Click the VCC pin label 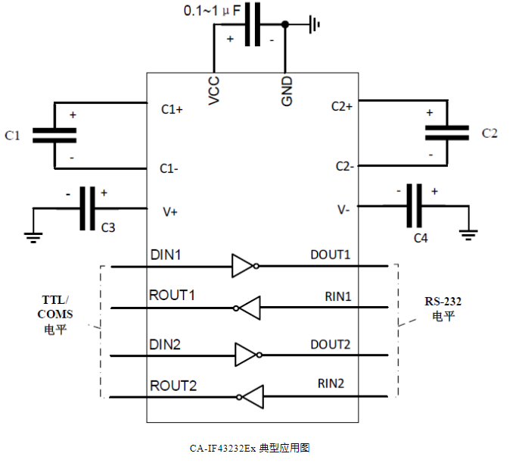[x=214, y=90]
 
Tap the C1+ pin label [x=172, y=110]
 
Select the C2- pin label [x=343, y=166]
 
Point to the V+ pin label [x=170, y=211]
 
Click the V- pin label [x=343, y=209]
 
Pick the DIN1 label [x=166, y=255]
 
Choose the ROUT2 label [x=172, y=386]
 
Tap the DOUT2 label [x=331, y=344]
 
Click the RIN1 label [x=338, y=296]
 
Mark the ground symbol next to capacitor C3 [x=33, y=236]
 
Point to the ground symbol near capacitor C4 [x=468, y=234]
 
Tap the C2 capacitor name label [x=489, y=133]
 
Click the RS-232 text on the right [x=443, y=301]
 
